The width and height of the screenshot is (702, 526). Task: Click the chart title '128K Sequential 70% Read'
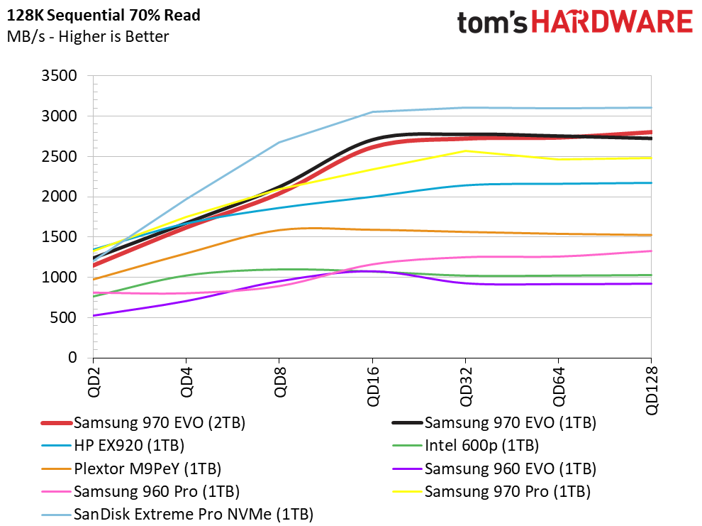[104, 15]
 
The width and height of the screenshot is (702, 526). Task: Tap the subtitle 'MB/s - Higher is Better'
[88, 36]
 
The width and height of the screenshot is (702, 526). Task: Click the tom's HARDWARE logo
[575, 23]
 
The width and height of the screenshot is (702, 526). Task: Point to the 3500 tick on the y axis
[59, 76]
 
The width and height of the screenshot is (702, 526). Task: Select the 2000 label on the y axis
[59, 196]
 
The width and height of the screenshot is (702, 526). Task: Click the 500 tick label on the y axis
[64, 317]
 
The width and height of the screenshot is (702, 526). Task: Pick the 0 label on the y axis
[72, 358]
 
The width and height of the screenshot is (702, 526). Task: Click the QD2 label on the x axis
[94, 382]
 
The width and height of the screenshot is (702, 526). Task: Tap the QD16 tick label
[372, 386]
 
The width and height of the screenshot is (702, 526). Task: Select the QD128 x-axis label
[652, 390]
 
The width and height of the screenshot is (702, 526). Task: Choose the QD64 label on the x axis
[558, 386]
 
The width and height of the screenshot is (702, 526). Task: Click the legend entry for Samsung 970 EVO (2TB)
[143, 422]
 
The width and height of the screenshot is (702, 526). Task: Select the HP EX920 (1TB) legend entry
[113, 445]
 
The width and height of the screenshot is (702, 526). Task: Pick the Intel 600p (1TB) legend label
[466, 445]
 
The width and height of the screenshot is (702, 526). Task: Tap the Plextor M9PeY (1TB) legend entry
[131, 469]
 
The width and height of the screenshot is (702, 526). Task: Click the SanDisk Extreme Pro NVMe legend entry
[177, 515]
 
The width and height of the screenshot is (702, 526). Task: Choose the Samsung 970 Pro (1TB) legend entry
[491, 491]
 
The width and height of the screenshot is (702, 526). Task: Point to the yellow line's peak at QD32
[466, 151]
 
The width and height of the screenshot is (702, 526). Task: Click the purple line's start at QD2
[94, 315]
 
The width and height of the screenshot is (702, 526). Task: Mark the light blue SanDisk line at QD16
[372, 112]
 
